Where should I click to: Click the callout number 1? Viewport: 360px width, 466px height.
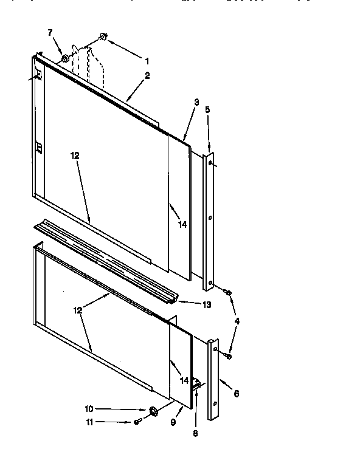pos(147,61)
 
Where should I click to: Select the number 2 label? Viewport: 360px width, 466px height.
pos(147,76)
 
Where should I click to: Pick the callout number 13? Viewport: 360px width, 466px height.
pos(207,304)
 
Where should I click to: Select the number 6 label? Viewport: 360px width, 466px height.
pos(236,393)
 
